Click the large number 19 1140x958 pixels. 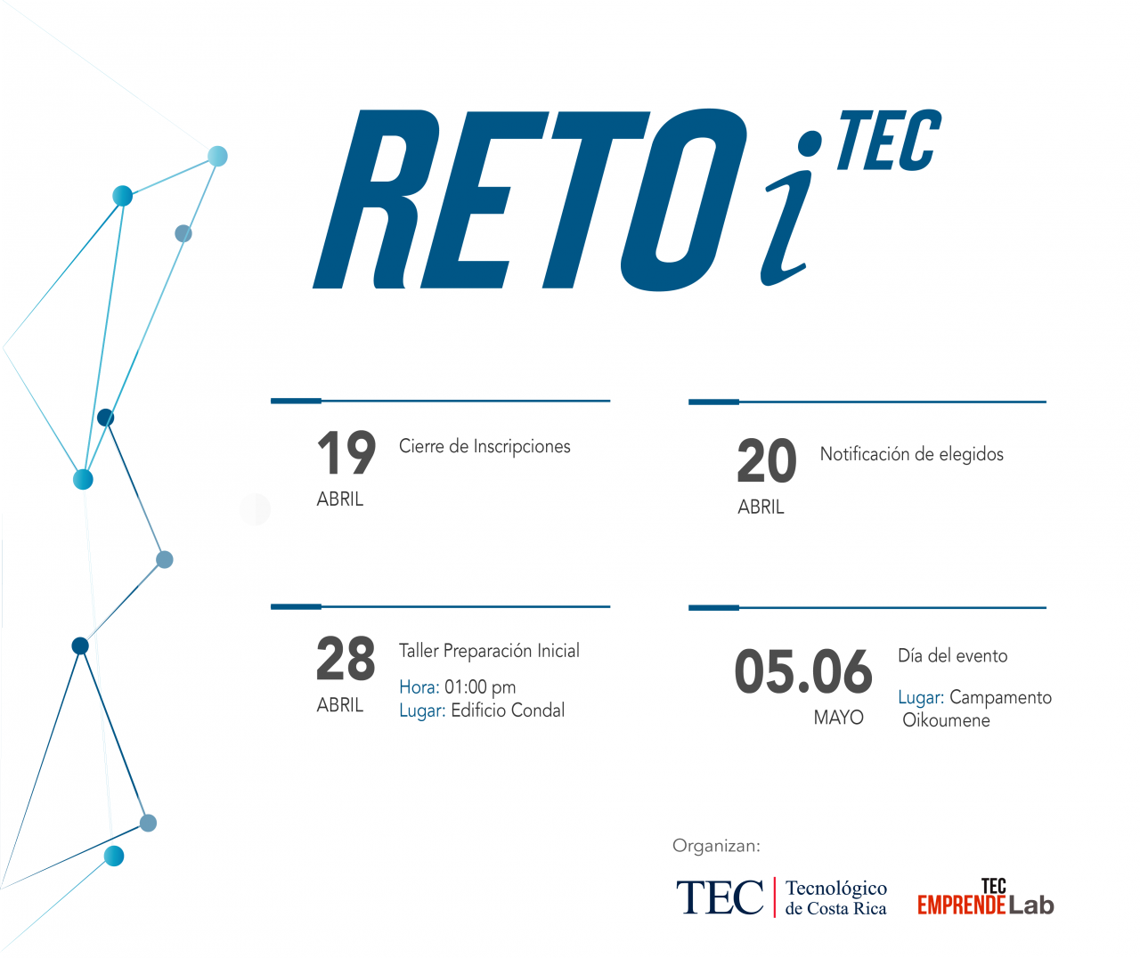pos(346,452)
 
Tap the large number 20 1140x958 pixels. pos(767,460)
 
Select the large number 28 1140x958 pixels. pos(346,658)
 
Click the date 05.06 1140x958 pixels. pos(803,671)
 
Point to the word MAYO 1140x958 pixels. pos(839,718)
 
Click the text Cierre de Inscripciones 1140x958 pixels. pos(484,447)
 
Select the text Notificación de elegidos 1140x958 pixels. pos(912,454)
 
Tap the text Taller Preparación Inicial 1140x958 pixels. pos(489,651)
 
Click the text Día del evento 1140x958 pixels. pos(953,655)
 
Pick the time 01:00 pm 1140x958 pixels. pos(480,687)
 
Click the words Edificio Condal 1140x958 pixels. pos(508,710)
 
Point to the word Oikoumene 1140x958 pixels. pos(946,720)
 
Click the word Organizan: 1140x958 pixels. pos(716,846)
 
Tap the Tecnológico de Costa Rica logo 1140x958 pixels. pos(781,897)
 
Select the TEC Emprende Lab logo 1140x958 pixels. pos(986,897)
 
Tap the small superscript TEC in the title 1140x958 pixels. pos(890,140)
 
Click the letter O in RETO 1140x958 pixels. pos(684,199)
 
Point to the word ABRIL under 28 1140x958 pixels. pos(340,705)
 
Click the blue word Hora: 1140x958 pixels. pos(419,687)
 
